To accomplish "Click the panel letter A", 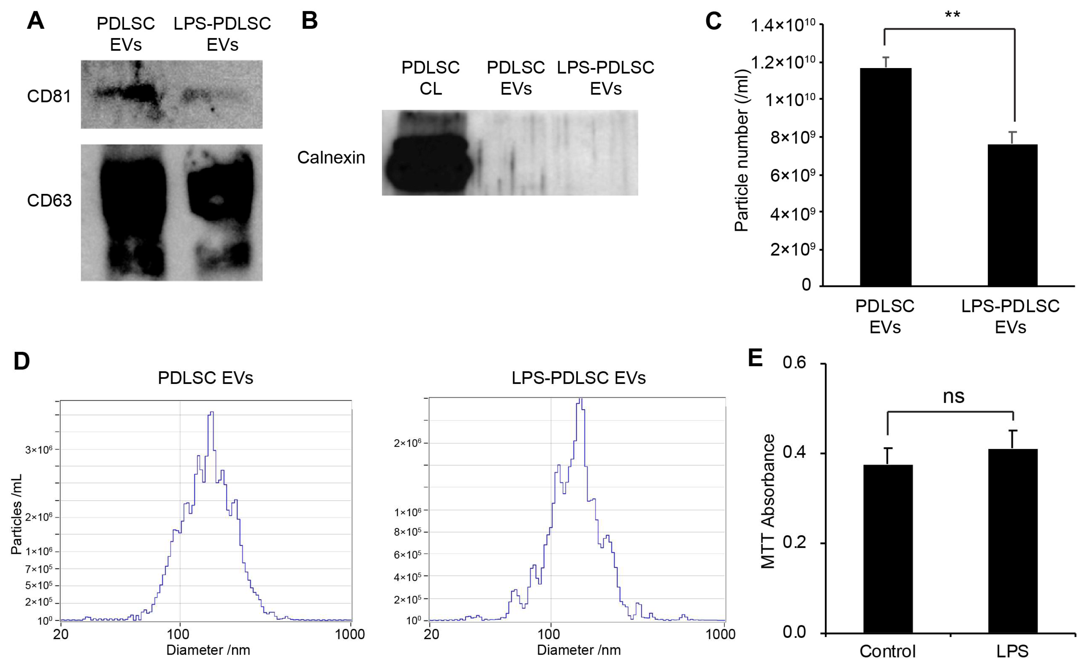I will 35,21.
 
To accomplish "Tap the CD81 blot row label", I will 49,96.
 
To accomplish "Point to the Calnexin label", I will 331,157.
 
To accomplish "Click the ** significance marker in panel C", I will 952,15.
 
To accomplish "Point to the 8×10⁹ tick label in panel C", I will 795,138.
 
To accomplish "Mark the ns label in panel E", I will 953,396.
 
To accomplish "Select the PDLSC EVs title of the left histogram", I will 205,378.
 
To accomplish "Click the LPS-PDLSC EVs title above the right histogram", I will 578,378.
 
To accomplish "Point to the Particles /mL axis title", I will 16,514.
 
